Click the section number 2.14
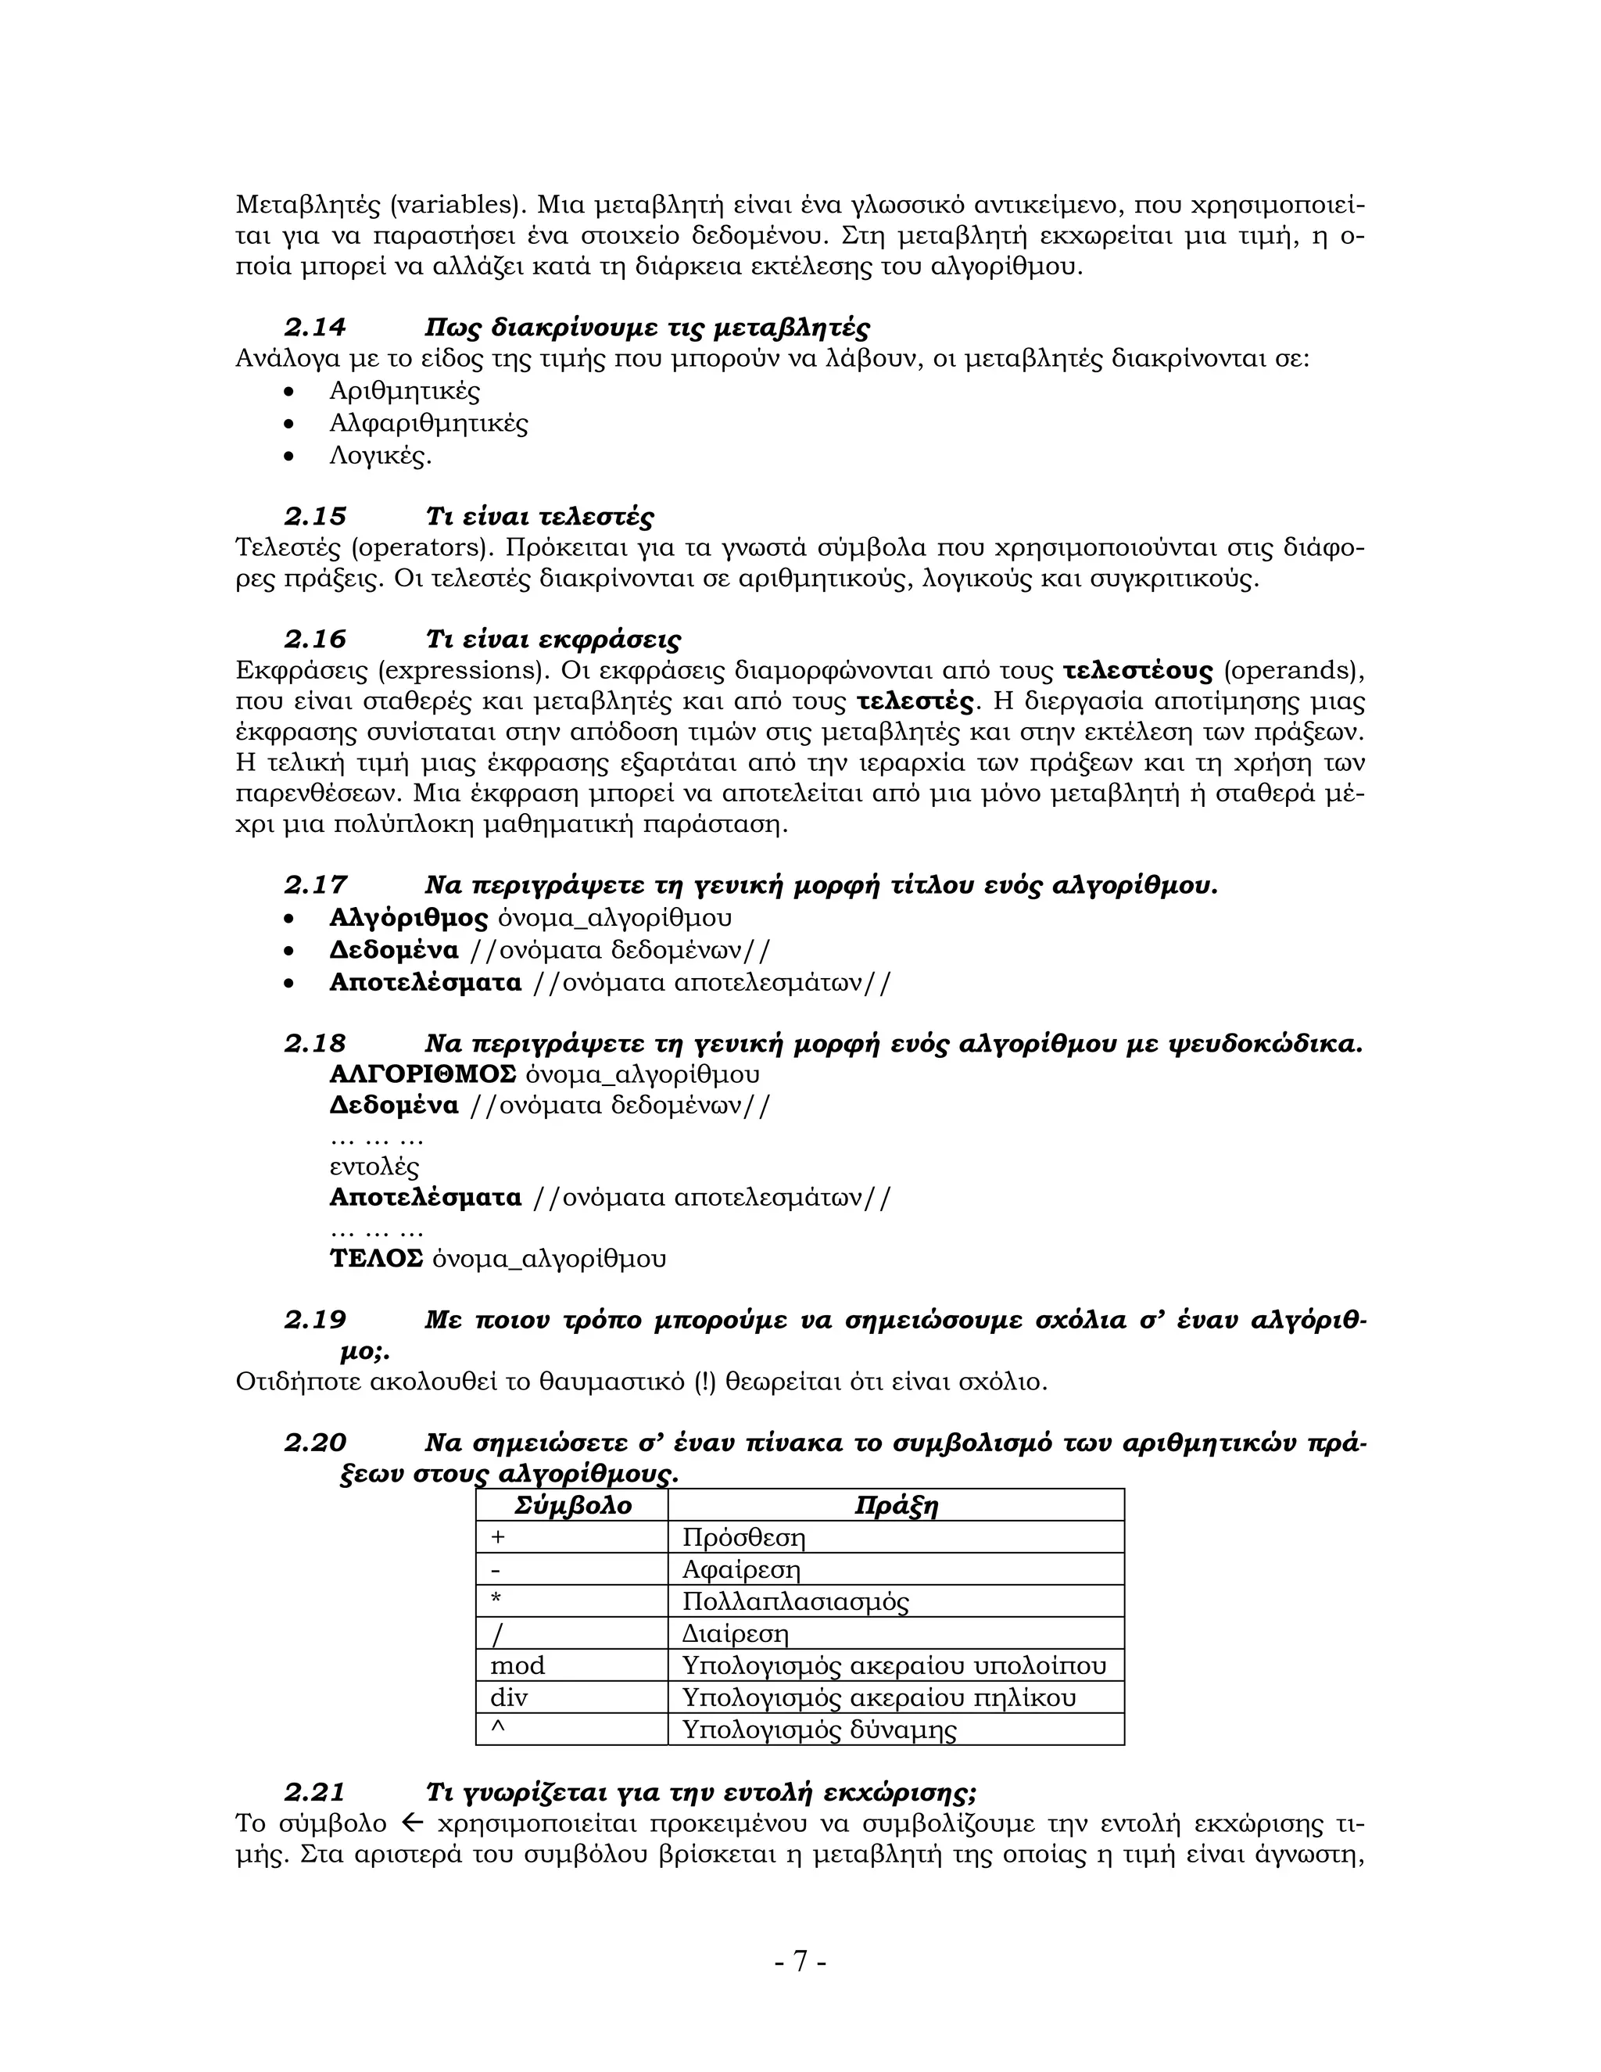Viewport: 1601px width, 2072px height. [x=315, y=328]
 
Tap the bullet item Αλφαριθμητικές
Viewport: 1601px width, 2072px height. [x=428, y=423]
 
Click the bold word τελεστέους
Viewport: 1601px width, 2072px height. [x=1137, y=671]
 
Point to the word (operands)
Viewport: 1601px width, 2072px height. [x=1294, y=671]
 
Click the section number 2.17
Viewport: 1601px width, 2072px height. [x=315, y=885]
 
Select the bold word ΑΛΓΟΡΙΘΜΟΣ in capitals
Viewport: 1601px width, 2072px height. [x=422, y=1074]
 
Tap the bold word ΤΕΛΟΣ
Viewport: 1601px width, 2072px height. [x=375, y=1258]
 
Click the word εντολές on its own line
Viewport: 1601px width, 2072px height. [x=374, y=1166]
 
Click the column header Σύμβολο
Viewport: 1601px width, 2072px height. [x=572, y=1506]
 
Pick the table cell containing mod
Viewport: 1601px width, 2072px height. [x=518, y=1665]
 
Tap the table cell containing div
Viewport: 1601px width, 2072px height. [x=510, y=1697]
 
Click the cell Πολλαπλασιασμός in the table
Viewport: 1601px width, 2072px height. [x=795, y=1601]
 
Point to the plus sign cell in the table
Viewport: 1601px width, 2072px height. [x=498, y=1537]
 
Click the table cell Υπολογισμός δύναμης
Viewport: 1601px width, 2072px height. [x=818, y=1730]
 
